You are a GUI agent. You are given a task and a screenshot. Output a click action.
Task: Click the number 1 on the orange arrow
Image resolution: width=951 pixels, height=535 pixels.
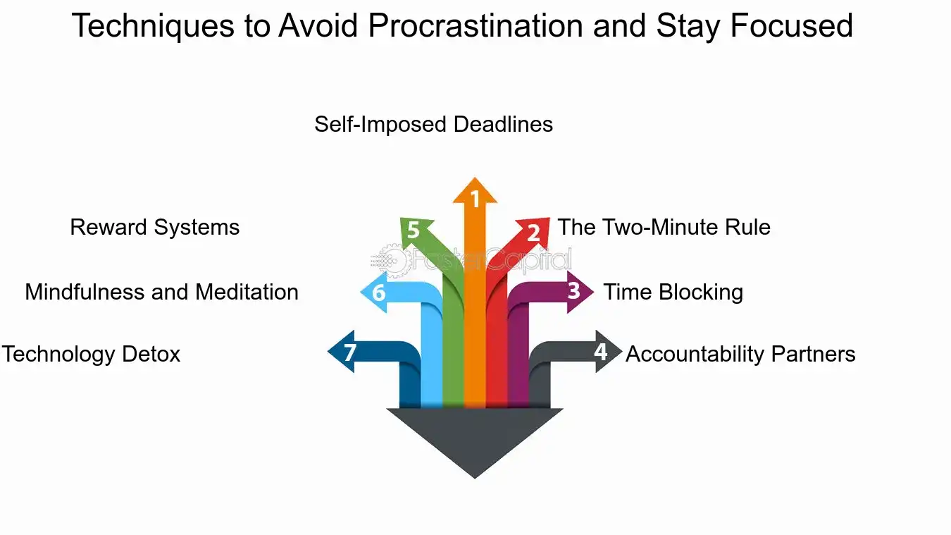pyautogui.click(x=475, y=200)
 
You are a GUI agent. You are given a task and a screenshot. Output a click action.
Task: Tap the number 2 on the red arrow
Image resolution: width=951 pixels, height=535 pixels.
pyautogui.click(x=533, y=233)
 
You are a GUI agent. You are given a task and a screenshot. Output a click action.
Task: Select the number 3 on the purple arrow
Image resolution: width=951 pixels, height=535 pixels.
pyautogui.click(x=574, y=290)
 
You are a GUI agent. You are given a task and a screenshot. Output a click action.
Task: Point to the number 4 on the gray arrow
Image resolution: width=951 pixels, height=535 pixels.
pyautogui.click(x=600, y=350)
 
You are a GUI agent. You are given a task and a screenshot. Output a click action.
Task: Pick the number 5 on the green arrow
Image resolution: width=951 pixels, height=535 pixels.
pyautogui.click(x=413, y=230)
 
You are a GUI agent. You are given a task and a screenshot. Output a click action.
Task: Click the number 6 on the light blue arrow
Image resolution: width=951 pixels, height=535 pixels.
pyautogui.click(x=379, y=292)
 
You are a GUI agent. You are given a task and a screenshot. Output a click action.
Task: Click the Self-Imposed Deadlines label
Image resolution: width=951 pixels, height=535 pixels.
pyautogui.click(x=433, y=125)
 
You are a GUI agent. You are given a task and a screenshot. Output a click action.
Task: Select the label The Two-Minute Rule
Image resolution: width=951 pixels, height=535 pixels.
pyautogui.click(x=664, y=228)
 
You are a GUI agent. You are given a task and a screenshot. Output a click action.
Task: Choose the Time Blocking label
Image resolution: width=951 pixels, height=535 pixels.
pyautogui.click(x=673, y=292)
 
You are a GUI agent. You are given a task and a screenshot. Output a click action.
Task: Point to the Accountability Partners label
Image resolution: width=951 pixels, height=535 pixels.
pyautogui.click(x=740, y=354)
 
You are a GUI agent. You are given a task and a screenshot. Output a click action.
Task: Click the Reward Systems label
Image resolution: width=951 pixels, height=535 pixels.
pyautogui.click(x=155, y=228)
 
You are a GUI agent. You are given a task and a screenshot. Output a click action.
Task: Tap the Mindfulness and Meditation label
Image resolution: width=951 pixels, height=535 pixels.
pyautogui.click(x=161, y=292)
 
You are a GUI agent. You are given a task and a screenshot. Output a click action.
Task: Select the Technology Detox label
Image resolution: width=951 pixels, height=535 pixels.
pyautogui.click(x=91, y=354)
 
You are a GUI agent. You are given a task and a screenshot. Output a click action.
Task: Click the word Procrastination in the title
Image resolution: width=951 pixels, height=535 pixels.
pyautogui.click(x=475, y=27)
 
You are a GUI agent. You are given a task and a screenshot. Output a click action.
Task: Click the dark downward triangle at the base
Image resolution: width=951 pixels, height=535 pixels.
pyautogui.click(x=475, y=437)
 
